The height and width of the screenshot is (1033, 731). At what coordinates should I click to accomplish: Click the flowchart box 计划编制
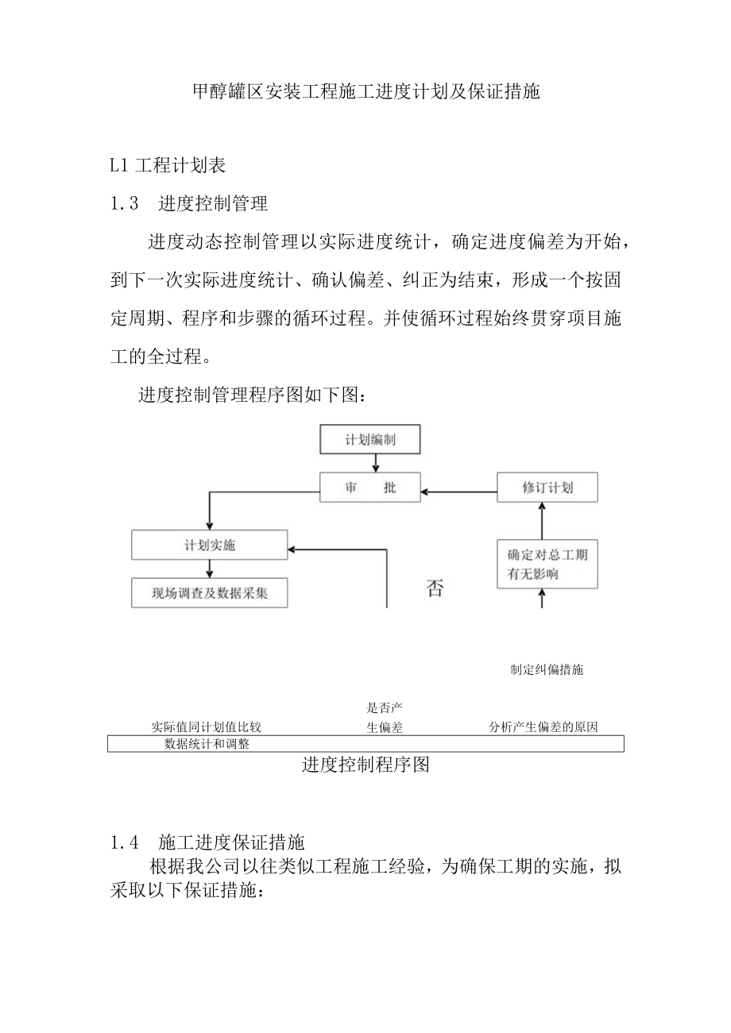[369, 439]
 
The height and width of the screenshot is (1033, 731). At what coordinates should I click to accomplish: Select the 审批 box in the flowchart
[369, 488]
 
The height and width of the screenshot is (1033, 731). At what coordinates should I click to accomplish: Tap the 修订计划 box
[547, 488]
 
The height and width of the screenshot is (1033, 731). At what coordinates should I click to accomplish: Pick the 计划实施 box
[210, 545]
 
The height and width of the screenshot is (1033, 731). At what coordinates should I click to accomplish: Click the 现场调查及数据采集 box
[210, 592]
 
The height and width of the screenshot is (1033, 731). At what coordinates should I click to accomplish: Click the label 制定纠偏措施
[547, 669]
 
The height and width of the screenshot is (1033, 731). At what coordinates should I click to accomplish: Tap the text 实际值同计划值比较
[207, 727]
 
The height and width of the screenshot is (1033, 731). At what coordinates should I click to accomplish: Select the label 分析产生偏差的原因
[543, 727]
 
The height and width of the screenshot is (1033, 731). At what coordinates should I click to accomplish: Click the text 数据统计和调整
[207, 744]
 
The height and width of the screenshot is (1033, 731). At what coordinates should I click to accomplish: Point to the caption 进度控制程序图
[365, 765]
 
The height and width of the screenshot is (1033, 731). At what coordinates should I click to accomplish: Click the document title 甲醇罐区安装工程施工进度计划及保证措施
[366, 92]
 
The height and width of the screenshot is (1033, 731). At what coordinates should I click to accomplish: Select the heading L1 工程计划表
[168, 165]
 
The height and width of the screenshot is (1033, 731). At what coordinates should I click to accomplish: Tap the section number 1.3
[125, 203]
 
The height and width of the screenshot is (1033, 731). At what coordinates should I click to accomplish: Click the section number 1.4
[125, 842]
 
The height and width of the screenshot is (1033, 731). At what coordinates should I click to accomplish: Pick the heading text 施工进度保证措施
[231, 842]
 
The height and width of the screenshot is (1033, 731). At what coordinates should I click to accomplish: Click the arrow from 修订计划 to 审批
[458, 488]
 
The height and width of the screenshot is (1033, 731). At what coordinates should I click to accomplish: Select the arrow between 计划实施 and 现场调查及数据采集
[211, 569]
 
